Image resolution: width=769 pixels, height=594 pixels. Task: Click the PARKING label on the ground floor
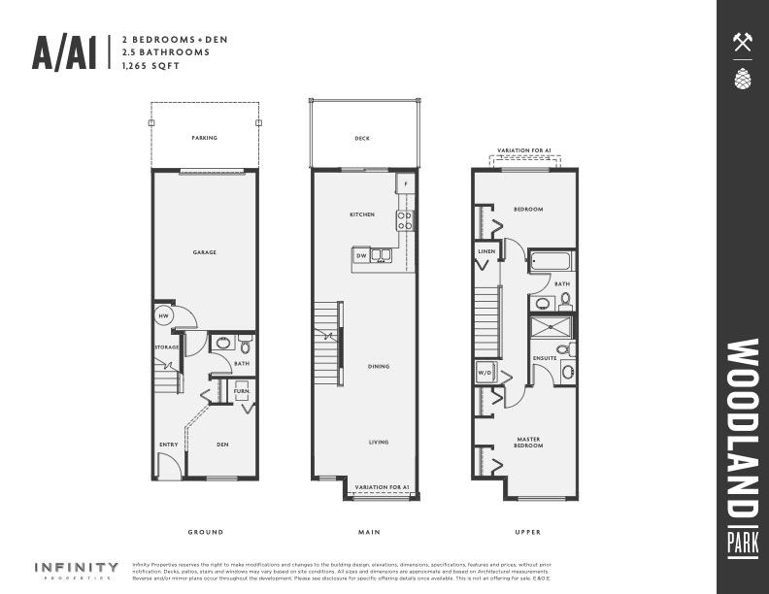204,138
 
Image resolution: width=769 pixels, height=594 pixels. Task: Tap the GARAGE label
204,252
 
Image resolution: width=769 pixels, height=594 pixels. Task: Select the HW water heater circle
164,316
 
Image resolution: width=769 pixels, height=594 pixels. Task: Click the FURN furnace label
241,392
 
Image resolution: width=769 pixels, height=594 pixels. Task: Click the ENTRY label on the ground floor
168,445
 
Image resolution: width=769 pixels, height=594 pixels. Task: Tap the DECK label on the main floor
362,139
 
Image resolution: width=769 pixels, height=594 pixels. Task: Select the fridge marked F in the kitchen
406,183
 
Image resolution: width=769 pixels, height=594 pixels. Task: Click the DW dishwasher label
361,255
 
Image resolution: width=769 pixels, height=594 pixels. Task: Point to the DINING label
379,367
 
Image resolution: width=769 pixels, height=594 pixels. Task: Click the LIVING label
379,443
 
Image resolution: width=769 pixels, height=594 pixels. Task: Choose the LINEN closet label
486,250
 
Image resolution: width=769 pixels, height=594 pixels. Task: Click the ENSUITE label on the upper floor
545,358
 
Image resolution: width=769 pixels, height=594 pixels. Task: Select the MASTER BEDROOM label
529,443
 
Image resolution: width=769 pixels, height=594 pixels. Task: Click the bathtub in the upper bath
552,260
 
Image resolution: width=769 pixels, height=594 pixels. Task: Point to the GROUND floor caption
205,532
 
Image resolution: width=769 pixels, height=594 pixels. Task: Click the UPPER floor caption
528,532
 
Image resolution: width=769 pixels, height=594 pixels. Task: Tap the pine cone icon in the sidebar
743,79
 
